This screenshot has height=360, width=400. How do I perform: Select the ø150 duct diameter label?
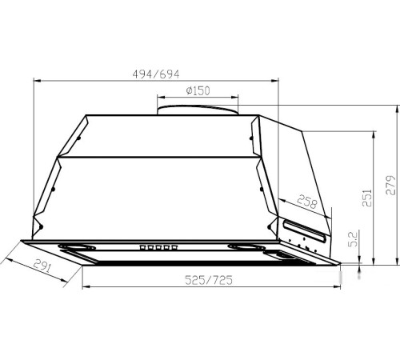point(197,90)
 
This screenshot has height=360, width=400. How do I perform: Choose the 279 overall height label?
point(390,185)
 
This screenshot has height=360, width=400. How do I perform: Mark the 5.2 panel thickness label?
point(353,238)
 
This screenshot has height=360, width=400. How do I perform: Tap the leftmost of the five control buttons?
point(142,246)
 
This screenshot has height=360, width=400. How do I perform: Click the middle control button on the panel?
point(157,246)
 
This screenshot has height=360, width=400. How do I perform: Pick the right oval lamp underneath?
point(243,246)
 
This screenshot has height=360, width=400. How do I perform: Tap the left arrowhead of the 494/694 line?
point(34,80)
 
